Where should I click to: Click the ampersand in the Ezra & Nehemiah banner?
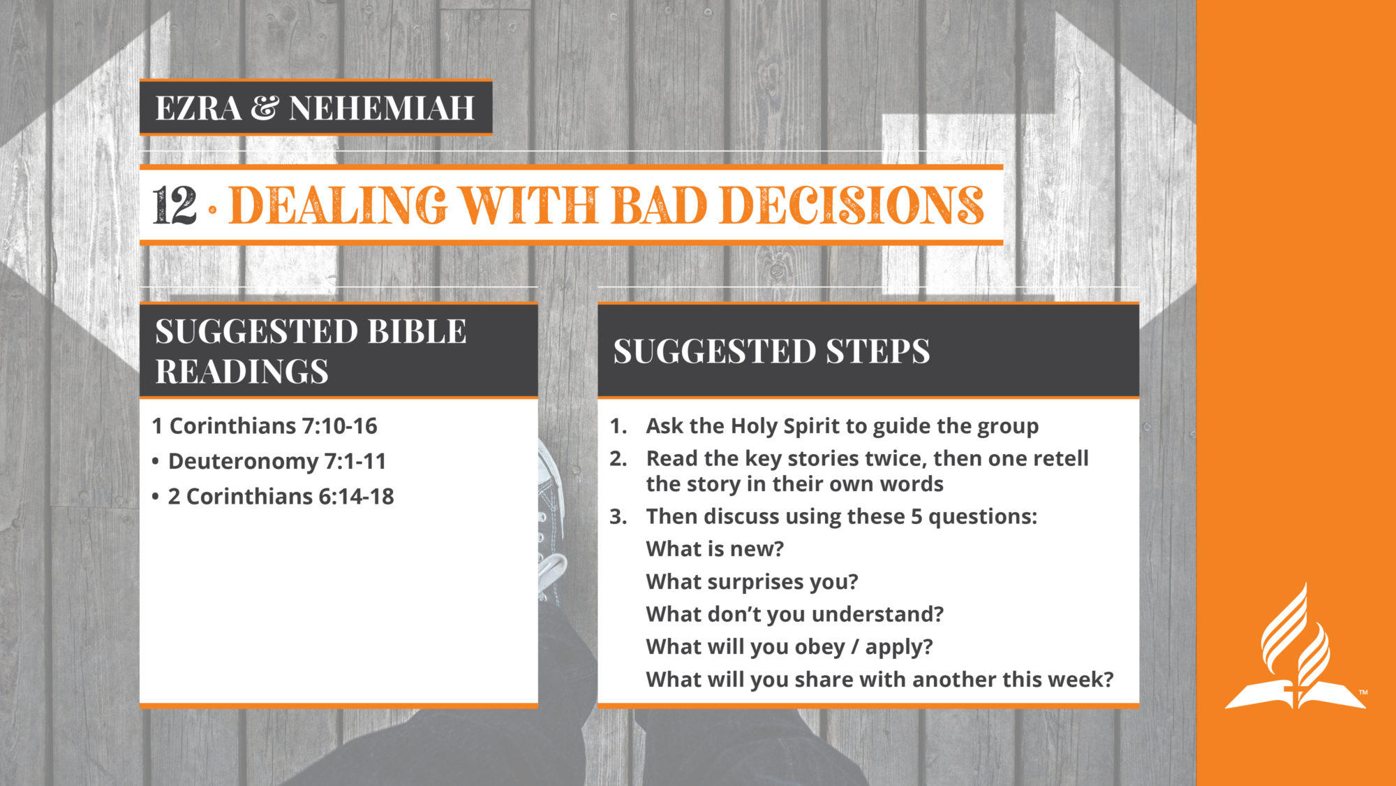(265, 108)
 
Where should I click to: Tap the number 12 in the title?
(174, 206)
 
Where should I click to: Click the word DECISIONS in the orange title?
(852, 205)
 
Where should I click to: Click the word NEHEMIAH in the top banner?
(382, 108)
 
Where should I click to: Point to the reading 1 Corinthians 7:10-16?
(265, 425)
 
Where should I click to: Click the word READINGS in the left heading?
(242, 372)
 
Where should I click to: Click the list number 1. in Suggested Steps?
(618, 425)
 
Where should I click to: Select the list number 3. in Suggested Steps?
(618, 516)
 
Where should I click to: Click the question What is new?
(715, 549)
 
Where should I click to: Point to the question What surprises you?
(752, 582)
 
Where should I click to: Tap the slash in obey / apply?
(854, 647)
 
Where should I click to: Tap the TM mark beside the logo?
(1363, 692)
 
